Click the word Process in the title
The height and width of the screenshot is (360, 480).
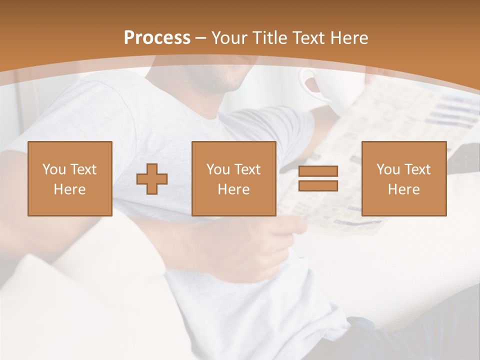point(157,38)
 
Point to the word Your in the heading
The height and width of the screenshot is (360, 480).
point(230,38)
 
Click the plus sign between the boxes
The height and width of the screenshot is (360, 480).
point(152,179)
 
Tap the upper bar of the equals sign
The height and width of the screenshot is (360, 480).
point(318,171)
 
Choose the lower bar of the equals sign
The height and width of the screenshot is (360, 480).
point(318,185)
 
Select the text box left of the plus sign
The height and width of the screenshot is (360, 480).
point(70,178)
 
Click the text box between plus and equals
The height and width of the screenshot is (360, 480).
point(234,178)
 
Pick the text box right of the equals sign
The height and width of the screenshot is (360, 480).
point(404,178)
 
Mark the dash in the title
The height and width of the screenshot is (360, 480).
point(201,38)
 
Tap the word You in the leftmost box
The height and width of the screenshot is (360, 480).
point(53,169)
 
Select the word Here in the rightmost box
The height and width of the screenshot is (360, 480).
point(404,189)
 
